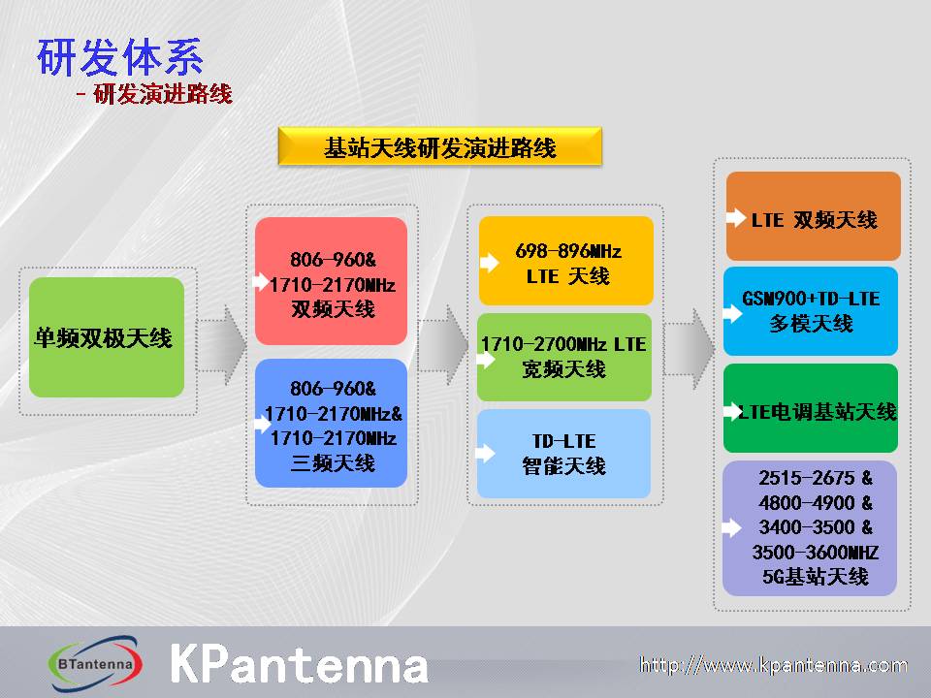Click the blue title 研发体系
(120, 57)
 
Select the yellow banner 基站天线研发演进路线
(440, 146)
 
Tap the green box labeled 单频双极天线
(107, 337)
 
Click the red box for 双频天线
(332, 281)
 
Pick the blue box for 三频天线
(332, 424)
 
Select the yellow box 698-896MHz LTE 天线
(565, 261)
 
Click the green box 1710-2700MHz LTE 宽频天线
(564, 358)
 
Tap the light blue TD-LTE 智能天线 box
(564, 454)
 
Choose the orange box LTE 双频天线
(814, 216)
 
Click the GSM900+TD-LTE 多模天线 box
(811, 311)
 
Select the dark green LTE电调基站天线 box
(811, 408)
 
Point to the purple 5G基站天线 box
(810, 528)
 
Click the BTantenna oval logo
(95, 663)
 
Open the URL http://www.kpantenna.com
(774, 665)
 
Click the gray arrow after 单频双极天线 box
(221, 345)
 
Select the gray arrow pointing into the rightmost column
(689, 349)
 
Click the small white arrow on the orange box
(736, 218)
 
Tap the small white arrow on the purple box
(731, 527)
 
